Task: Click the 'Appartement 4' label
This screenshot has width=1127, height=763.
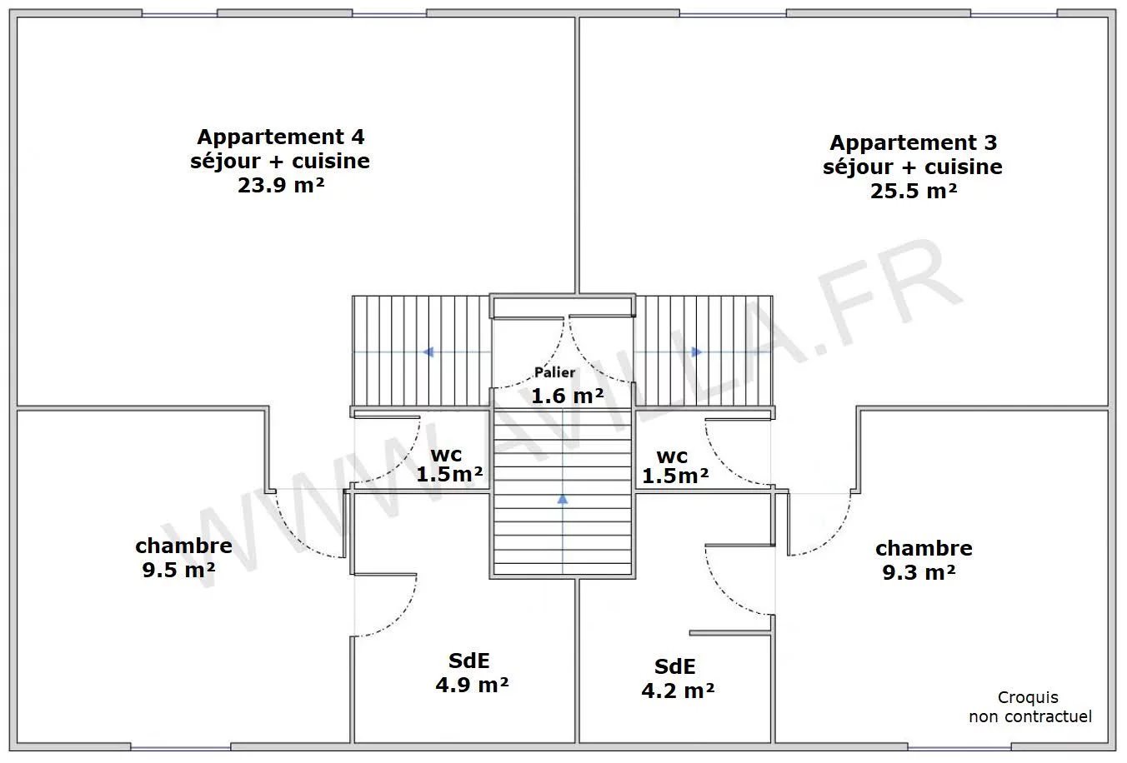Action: coord(281,137)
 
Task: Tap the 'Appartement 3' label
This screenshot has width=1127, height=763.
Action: coord(913,142)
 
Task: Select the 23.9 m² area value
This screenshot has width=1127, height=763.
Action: coord(281,185)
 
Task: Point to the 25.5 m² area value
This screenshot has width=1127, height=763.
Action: coord(913,191)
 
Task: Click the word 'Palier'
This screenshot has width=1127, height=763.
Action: coord(554,372)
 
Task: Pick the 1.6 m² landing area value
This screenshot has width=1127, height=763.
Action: coord(568,396)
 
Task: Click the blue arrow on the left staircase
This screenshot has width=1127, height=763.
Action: coord(428,352)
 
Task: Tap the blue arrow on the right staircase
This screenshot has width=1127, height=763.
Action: coord(697,352)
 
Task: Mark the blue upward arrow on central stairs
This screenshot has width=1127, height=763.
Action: coord(563,499)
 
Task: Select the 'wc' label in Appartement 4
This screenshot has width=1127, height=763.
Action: coord(446,455)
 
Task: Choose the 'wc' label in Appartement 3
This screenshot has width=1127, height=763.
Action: coord(672,457)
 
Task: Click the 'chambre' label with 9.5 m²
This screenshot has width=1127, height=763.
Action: coord(183,546)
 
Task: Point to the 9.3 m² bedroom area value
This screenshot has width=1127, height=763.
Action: coord(919,572)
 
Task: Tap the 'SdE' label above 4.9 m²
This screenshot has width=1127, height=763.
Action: coord(469,661)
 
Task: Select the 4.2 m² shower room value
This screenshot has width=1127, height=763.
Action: coord(678,691)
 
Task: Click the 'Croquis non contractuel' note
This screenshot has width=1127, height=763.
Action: coord(1030,706)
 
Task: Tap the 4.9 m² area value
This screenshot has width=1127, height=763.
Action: coord(472,685)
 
